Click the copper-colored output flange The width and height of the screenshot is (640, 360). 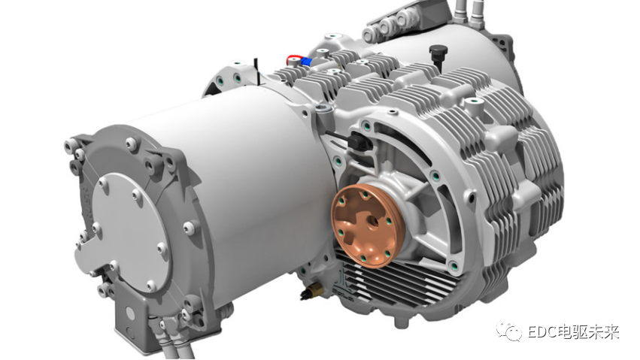pos(367,225)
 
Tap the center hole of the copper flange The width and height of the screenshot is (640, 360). pos(373,222)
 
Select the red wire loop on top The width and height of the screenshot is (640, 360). pos(293,59)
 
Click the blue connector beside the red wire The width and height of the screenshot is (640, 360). pos(306,62)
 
